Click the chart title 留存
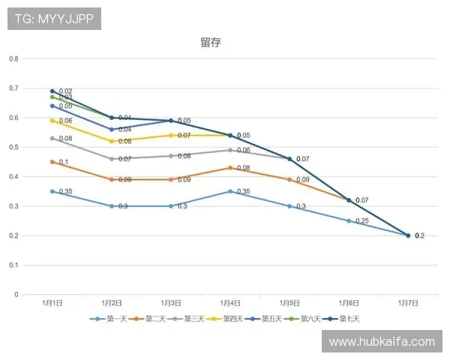click(211, 43)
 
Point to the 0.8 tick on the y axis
click(13, 58)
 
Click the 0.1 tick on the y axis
click(13, 265)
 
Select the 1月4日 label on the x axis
click(230, 303)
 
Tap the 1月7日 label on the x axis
click(408, 303)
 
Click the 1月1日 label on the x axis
click(52, 303)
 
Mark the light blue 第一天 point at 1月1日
click(52, 191)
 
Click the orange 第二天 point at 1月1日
click(52, 162)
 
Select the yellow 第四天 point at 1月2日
click(112, 141)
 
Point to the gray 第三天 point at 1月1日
click(52, 138)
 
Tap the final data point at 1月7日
click(408, 235)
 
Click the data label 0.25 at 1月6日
click(362, 221)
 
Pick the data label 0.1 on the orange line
click(64, 162)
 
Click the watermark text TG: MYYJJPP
click(53, 19)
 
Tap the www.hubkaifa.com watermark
click(382, 342)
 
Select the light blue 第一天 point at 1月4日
click(230, 191)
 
